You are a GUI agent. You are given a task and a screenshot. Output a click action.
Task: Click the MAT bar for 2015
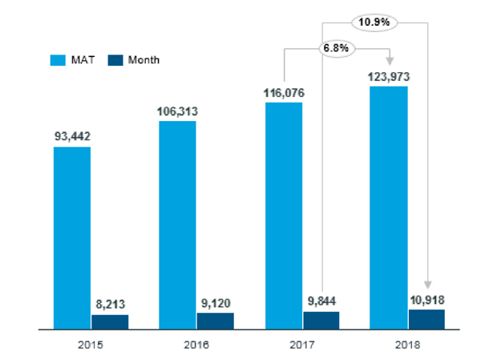click(72, 238)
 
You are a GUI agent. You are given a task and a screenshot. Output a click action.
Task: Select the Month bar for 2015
click(110, 322)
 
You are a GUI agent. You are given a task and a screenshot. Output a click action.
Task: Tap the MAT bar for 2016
click(177, 225)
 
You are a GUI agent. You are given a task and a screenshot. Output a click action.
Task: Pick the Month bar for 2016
click(215, 321)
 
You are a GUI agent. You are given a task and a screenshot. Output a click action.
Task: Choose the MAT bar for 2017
click(283, 216)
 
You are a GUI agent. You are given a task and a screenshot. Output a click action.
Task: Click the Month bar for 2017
click(321, 320)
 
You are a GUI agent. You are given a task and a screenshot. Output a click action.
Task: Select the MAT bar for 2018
click(389, 208)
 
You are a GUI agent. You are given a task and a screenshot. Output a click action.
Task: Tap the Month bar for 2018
click(426, 319)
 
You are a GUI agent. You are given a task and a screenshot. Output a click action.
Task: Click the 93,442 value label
click(72, 137)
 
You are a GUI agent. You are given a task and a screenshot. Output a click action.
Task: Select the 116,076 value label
click(284, 93)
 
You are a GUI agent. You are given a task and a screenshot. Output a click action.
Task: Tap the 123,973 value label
click(389, 77)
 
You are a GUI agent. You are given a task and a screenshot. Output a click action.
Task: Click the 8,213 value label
click(110, 305)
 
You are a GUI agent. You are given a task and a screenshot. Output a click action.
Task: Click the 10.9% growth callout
click(374, 22)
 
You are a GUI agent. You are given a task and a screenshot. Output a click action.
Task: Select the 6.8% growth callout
click(336, 47)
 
